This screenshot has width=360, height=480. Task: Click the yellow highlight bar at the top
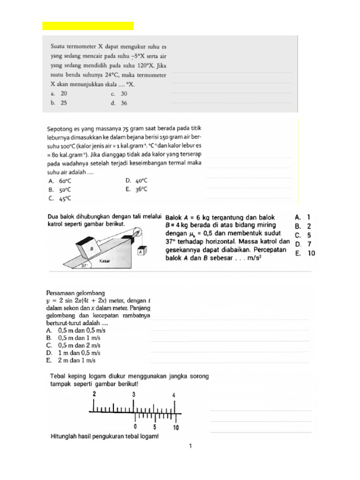click(88, 26)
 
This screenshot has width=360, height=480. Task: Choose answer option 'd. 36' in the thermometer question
click(119, 104)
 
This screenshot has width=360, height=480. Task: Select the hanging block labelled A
click(140, 252)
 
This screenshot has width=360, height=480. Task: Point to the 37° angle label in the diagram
click(85, 265)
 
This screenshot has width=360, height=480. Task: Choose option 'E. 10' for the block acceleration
click(305, 254)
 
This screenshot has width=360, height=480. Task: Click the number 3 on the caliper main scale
click(134, 395)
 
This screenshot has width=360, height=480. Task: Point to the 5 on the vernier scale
click(155, 427)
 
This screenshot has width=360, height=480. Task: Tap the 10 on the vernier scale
click(176, 427)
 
